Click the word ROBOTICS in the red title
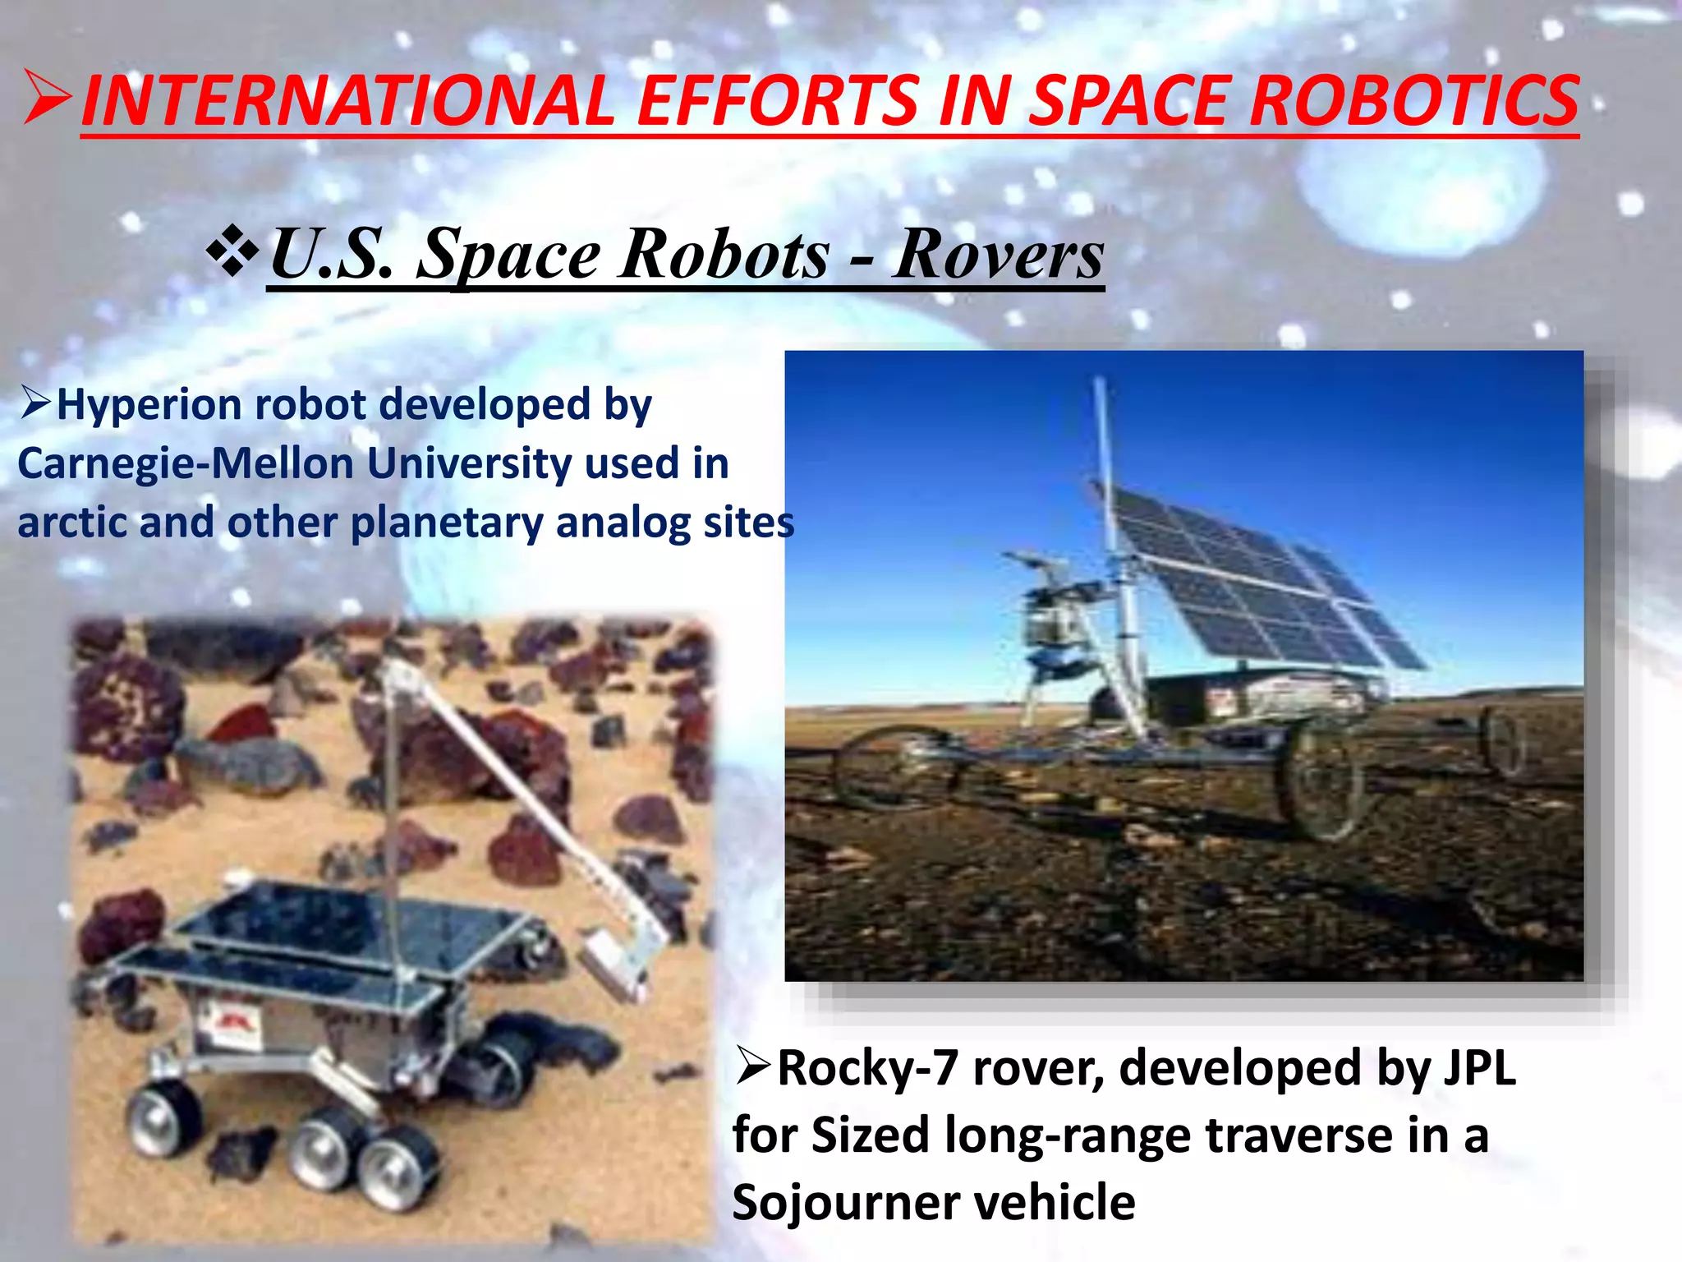point(1413,100)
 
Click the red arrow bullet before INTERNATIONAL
point(48,98)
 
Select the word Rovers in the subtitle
point(998,254)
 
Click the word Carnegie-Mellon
point(185,463)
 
